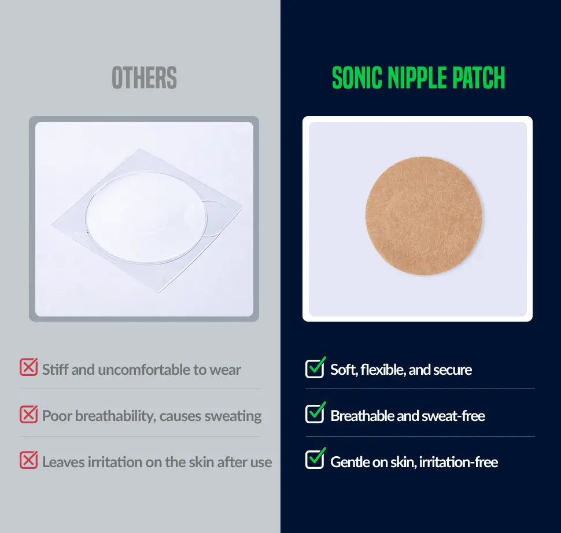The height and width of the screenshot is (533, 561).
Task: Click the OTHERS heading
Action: click(144, 77)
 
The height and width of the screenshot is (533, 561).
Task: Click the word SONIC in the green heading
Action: click(357, 77)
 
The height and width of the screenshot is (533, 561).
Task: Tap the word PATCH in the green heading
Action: click(478, 77)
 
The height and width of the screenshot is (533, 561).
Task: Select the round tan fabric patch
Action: click(423, 216)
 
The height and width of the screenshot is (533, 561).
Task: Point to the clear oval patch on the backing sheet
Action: click(147, 218)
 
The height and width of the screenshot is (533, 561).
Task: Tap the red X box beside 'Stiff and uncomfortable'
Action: click(28, 367)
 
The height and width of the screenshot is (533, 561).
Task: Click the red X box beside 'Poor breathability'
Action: click(28, 415)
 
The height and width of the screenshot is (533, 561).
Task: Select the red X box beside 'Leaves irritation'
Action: click(28, 460)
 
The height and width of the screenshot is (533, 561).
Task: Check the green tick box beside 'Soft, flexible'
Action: click(315, 368)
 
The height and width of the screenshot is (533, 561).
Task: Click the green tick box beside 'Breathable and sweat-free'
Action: click(315, 413)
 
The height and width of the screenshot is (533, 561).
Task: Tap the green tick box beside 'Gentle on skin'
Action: click(315, 459)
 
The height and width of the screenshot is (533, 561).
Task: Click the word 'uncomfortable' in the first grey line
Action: click(144, 370)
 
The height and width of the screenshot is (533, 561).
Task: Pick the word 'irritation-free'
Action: click(458, 462)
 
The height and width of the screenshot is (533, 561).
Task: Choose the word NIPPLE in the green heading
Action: click(417, 77)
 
